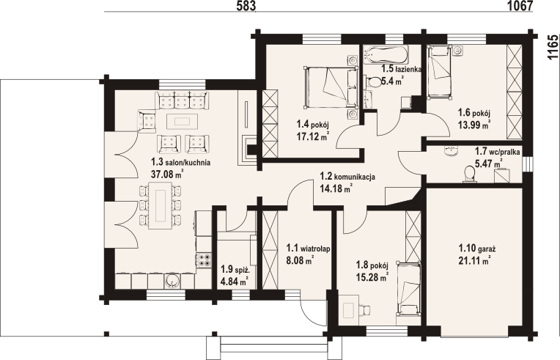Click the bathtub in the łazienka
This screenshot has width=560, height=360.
[x=386, y=55]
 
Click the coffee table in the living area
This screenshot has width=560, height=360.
[x=182, y=121]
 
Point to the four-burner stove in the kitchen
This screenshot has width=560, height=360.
[x=204, y=260]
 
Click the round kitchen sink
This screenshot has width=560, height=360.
[x=172, y=282]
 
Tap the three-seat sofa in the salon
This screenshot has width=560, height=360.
[x=182, y=101]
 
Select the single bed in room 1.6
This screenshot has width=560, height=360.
[x=439, y=72]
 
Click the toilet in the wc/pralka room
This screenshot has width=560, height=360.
[x=468, y=175]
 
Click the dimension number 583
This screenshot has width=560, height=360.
[x=246, y=6]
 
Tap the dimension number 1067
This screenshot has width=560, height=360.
[x=520, y=6]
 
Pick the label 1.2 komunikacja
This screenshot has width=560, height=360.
[x=347, y=177]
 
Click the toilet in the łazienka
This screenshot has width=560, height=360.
[x=373, y=82]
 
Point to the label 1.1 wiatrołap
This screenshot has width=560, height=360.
[x=308, y=249]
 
